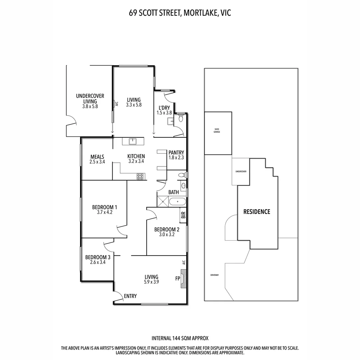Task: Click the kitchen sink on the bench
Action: click(133, 141)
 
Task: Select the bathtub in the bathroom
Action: click(177, 201)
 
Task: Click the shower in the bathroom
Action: click(163, 201)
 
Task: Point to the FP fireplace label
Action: click(178, 278)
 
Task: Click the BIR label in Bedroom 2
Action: click(183, 215)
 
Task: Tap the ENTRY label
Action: click(130, 296)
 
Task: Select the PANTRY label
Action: click(176, 153)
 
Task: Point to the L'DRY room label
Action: click(164, 108)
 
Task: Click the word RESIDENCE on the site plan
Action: click(257, 212)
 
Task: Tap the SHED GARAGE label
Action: click(217, 130)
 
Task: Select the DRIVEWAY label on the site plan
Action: click(214, 275)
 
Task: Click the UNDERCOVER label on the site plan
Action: click(241, 171)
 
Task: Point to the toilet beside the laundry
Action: click(181, 118)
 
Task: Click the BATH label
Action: click(173, 192)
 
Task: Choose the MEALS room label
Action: click(97, 157)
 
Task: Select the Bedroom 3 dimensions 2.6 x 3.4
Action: click(98, 262)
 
